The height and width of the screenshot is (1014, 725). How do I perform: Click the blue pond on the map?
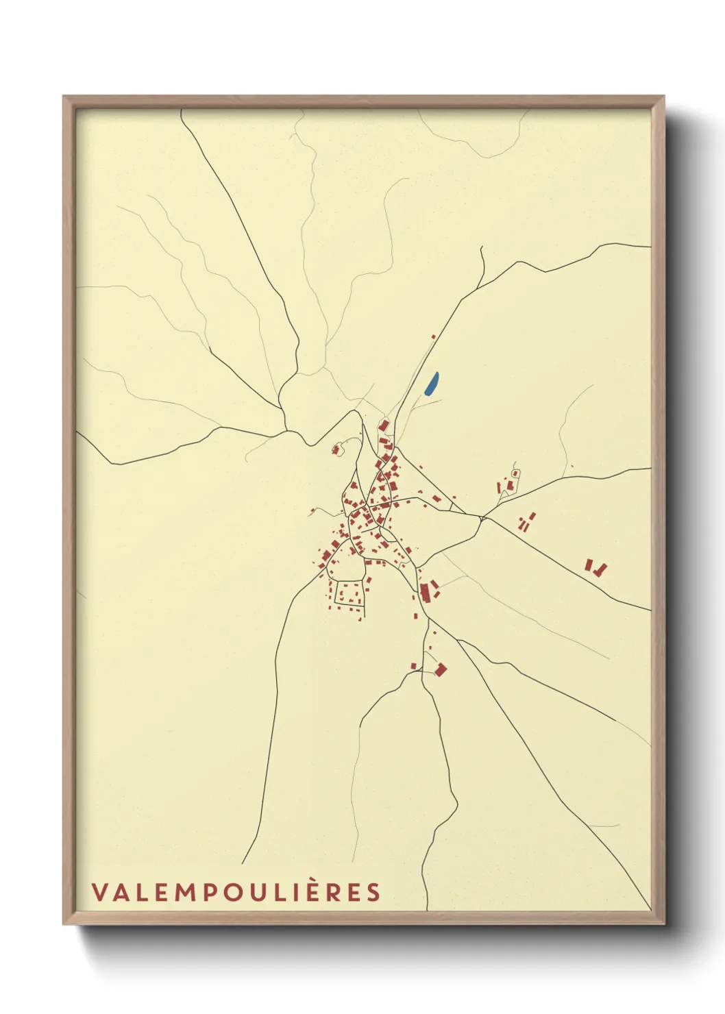(x=431, y=384)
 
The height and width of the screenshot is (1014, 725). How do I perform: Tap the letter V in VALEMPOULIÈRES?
(x=99, y=893)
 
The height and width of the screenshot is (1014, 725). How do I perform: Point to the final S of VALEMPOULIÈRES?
(x=373, y=893)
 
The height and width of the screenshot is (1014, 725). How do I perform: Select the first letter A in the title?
(x=121, y=893)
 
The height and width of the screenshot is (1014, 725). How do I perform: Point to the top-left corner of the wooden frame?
(x=64, y=97)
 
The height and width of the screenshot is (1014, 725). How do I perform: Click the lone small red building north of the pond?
(x=433, y=336)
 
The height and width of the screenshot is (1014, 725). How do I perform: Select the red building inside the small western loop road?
(x=336, y=449)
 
